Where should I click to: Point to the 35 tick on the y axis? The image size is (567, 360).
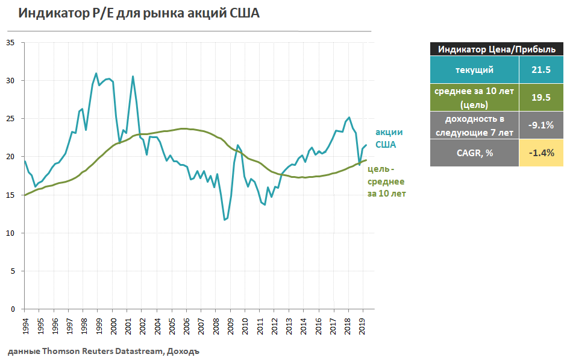click(11, 43)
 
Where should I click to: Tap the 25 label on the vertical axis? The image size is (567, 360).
click(11, 119)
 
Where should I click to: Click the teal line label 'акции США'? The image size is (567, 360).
click(389, 138)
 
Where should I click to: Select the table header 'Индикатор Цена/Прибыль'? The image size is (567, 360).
click(492, 49)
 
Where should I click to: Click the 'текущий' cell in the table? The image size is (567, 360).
click(474, 70)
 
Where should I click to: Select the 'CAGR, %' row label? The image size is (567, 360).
click(474, 153)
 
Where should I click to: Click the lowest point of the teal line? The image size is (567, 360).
click(225, 219)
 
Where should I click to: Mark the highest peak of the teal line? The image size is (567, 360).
click(96, 73)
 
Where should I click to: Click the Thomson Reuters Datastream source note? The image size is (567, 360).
click(103, 352)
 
